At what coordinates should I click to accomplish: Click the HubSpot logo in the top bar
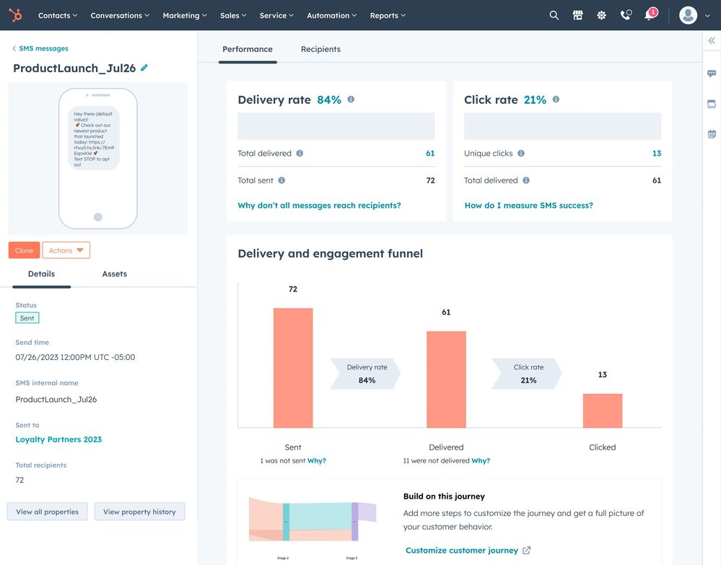15,15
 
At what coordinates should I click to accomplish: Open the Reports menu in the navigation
388,15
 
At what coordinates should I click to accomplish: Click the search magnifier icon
554,15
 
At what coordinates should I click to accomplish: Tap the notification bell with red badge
650,15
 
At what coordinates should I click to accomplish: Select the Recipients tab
320,49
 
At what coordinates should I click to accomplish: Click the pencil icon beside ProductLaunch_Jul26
144,68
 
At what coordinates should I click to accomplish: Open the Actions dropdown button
66,250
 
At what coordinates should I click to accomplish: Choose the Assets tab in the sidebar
114,274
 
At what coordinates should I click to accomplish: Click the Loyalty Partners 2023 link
58,439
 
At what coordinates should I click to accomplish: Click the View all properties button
47,512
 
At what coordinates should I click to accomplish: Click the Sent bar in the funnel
293,368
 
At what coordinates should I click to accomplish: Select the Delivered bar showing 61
446,380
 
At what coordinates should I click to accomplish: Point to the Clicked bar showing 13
603,411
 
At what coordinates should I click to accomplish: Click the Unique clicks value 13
656,154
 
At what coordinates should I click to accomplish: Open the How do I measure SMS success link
528,206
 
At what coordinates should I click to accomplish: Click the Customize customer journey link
462,551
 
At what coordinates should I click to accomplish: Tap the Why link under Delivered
481,460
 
